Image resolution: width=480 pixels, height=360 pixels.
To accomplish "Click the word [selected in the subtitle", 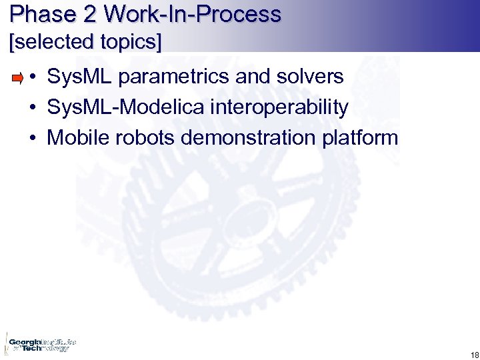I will [49, 43].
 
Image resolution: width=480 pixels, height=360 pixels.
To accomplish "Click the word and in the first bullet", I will [252, 77].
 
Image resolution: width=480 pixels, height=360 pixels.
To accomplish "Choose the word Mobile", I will [75, 138].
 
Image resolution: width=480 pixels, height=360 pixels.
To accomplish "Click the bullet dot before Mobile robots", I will [32, 139].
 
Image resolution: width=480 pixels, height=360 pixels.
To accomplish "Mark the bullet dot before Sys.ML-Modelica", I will [32, 108].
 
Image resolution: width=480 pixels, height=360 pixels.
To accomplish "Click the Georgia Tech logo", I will [40, 344].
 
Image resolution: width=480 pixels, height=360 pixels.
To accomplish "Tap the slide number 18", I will [474, 354].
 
